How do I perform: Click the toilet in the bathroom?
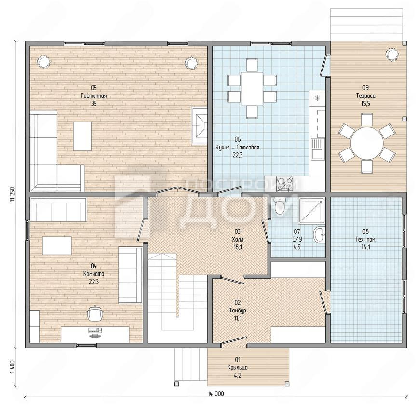click(x=279, y=205)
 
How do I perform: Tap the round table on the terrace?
click(x=367, y=143)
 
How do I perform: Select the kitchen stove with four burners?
click(x=284, y=184)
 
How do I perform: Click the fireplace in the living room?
click(x=199, y=126)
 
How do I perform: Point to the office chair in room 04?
click(x=94, y=313)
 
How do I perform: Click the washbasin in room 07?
click(x=319, y=234)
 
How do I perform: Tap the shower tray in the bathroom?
click(x=312, y=211)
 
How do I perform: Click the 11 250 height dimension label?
click(x=13, y=195)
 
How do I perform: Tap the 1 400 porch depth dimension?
click(x=13, y=367)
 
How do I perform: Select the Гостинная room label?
click(x=94, y=96)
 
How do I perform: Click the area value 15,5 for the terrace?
click(x=365, y=104)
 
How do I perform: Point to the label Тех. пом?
click(x=365, y=239)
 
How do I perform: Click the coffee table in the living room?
click(x=82, y=136)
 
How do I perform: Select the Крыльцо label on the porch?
click(x=238, y=367)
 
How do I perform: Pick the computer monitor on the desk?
click(x=95, y=330)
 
